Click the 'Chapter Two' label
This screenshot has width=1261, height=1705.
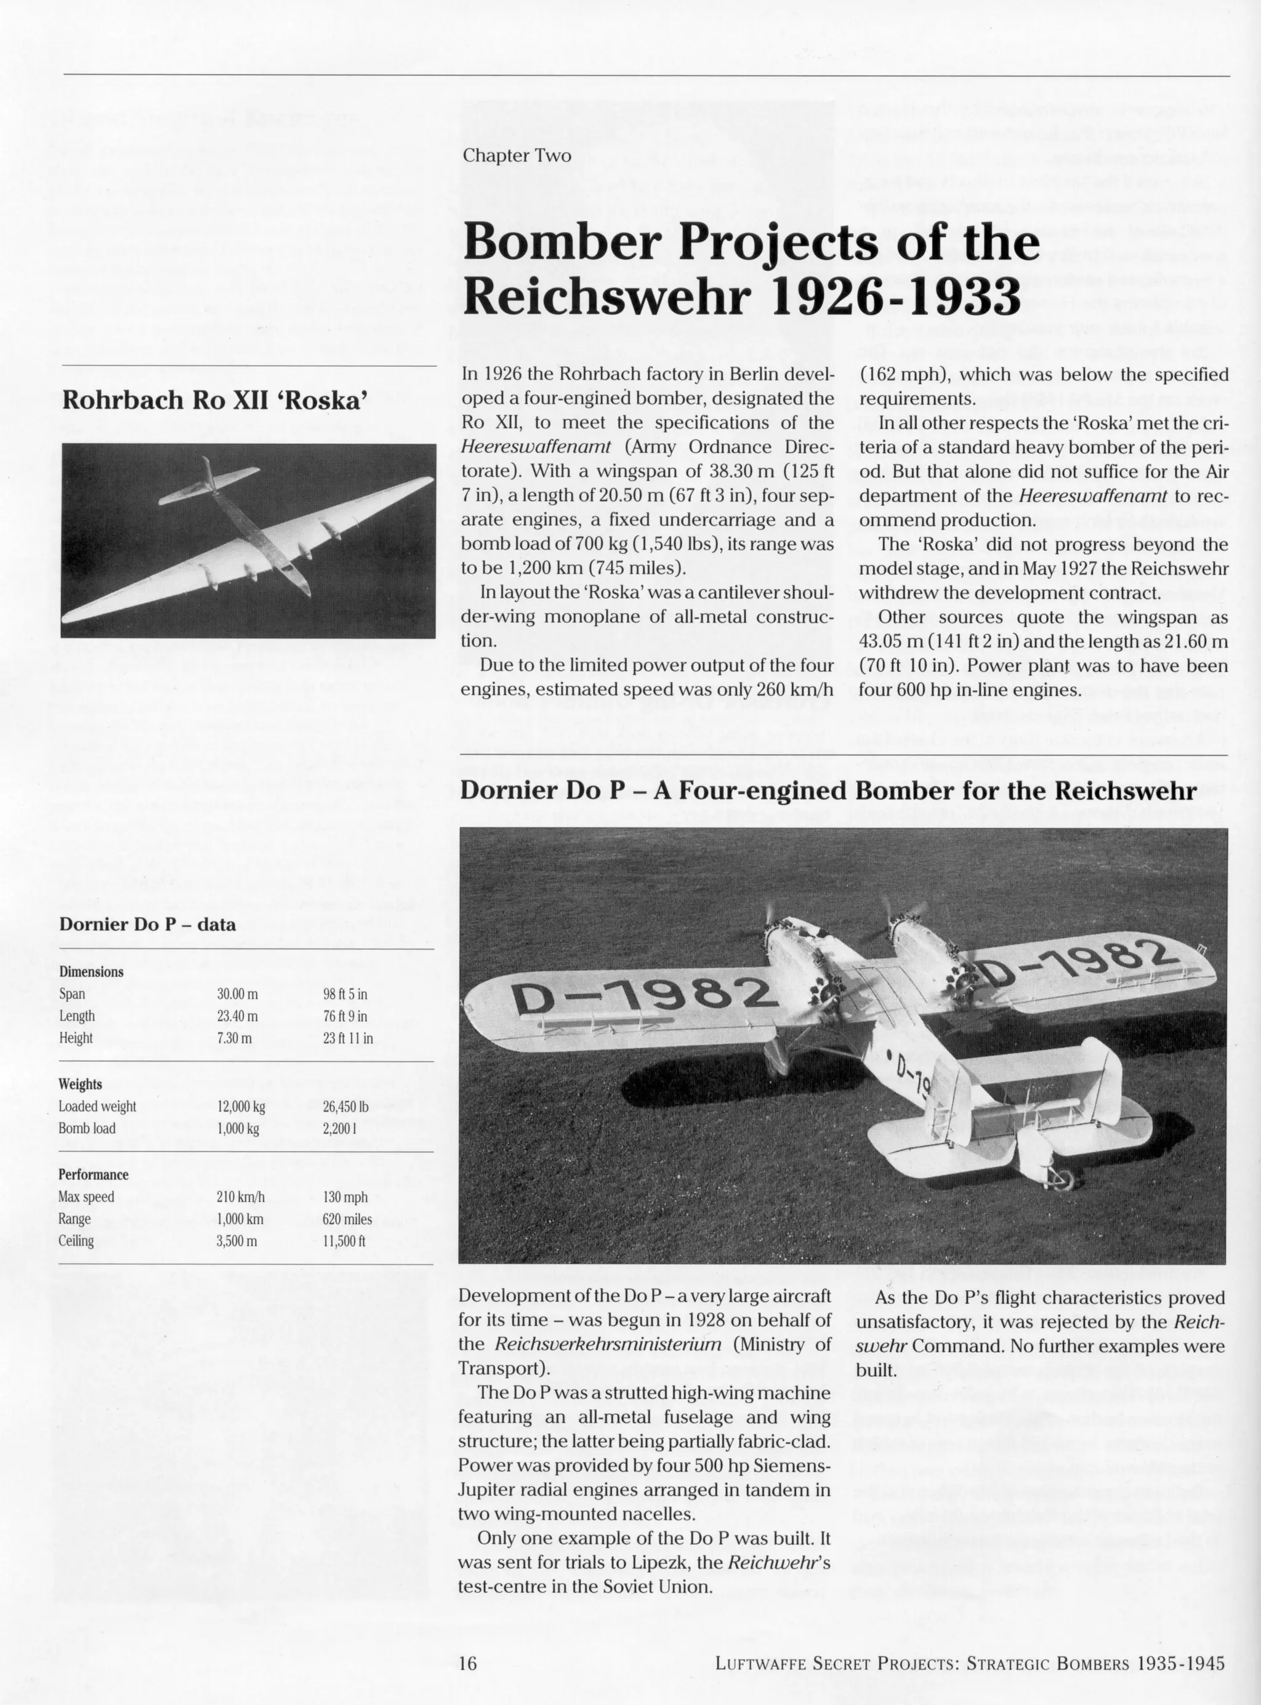pyautogui.click(x=517, y=156)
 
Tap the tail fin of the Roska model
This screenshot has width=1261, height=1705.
pyautogui.click(x=208, y=475)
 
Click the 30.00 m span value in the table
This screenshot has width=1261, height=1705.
pyautogui.click(x=238, y=994)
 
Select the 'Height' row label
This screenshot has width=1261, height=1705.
pyautogui.click(x=76, y=1038)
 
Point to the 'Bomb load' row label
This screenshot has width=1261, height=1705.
pyautogui.click(x=87, y=1128)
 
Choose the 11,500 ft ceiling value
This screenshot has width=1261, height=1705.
pyautogui.click(x=344, y=1241)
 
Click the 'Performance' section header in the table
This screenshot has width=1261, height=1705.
pyautogui.click(x=93, y=1175)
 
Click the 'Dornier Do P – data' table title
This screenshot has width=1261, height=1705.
pyautogui.click(x=147, y=925)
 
